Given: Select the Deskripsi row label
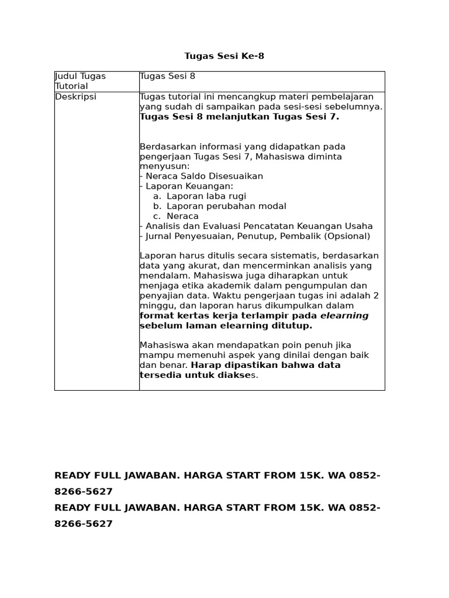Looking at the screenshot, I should (75, 97).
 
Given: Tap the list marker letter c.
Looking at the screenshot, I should (157, 216).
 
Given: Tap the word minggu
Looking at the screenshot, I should (157, 305).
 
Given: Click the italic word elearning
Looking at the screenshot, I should (344, 315).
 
